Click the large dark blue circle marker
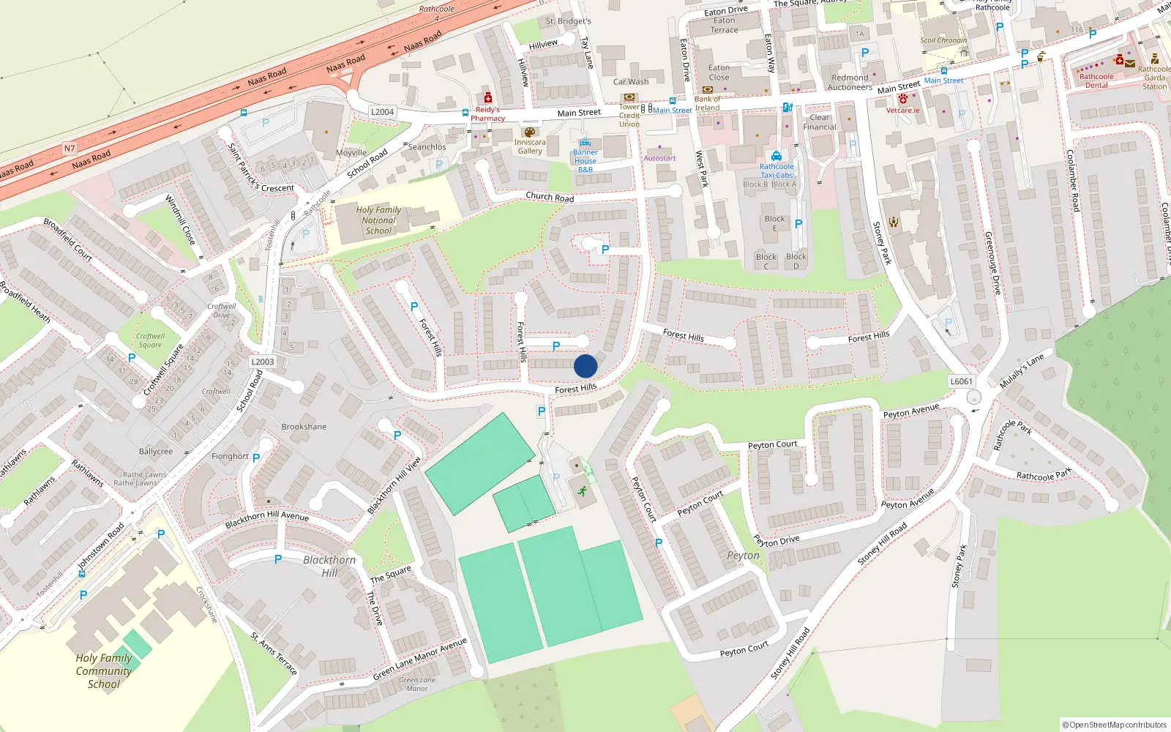coord(585,366)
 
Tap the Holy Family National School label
coord(378,220)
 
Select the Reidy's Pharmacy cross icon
coord(488,98)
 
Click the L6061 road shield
coord(961,381)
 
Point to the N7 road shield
coord(70,149)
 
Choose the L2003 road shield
coord(263,362)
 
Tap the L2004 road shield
coord(382,112)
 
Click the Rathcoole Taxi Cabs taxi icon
coord(777,156)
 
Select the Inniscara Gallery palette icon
coord(530,132)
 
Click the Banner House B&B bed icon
coord(585,143)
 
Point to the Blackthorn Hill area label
coord(329,566)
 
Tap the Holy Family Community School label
coord(104,671)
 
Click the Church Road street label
coord(550,197)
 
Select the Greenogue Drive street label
coord(992,263)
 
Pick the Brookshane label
coord(304,427)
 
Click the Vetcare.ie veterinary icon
coord(903,99)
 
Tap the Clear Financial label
coord(820,122)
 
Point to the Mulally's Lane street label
coord(1022,371)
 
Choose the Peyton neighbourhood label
coord(743,556)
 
